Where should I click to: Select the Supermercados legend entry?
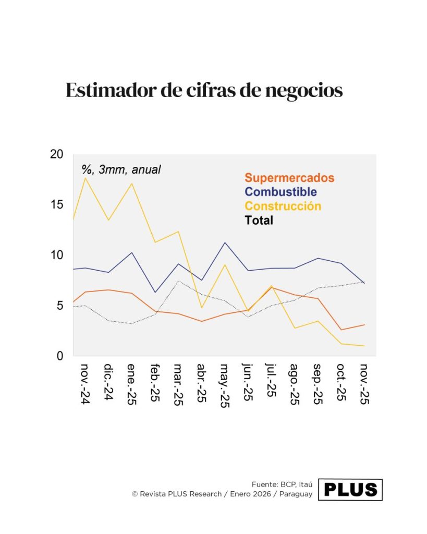coord(289,178)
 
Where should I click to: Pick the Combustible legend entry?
coord(280,192)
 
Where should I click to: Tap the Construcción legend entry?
coord(283,206)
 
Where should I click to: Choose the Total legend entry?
coord(259,220)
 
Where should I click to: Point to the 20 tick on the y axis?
coord(56,154)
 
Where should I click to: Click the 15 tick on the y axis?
coord(56,204)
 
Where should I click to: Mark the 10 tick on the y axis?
coord(56,255)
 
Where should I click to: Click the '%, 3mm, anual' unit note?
coord(121,169)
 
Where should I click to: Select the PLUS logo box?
coord(350,490)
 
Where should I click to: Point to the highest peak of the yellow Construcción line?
coord(85,178)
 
